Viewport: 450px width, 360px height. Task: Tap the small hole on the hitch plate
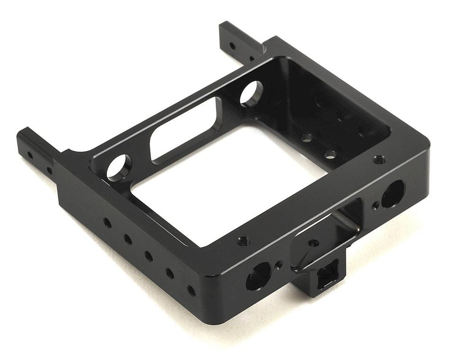[313, 243]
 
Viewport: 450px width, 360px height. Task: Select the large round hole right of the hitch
[393, 194]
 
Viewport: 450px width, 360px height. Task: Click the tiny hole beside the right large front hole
[375, 205]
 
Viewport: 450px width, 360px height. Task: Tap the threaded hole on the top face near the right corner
[379, 160]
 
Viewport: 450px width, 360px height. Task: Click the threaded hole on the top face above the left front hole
[242, 241]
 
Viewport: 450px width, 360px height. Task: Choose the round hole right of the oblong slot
[251, 93]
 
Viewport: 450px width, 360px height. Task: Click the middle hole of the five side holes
[148, 256]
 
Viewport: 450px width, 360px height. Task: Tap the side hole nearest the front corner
[191, 290]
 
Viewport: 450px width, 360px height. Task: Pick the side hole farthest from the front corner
[108, 222]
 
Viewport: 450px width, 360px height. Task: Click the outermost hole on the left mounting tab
[29, 154]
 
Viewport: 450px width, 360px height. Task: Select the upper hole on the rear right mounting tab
[231, 46]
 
